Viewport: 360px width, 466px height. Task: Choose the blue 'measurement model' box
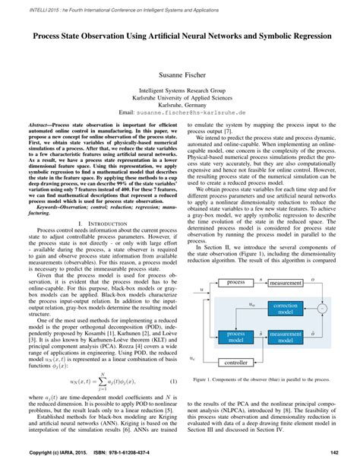coord(286,338)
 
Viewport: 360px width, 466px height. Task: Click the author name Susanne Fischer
coord(179,76)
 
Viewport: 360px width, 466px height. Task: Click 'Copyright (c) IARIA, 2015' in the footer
coord(50,454)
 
